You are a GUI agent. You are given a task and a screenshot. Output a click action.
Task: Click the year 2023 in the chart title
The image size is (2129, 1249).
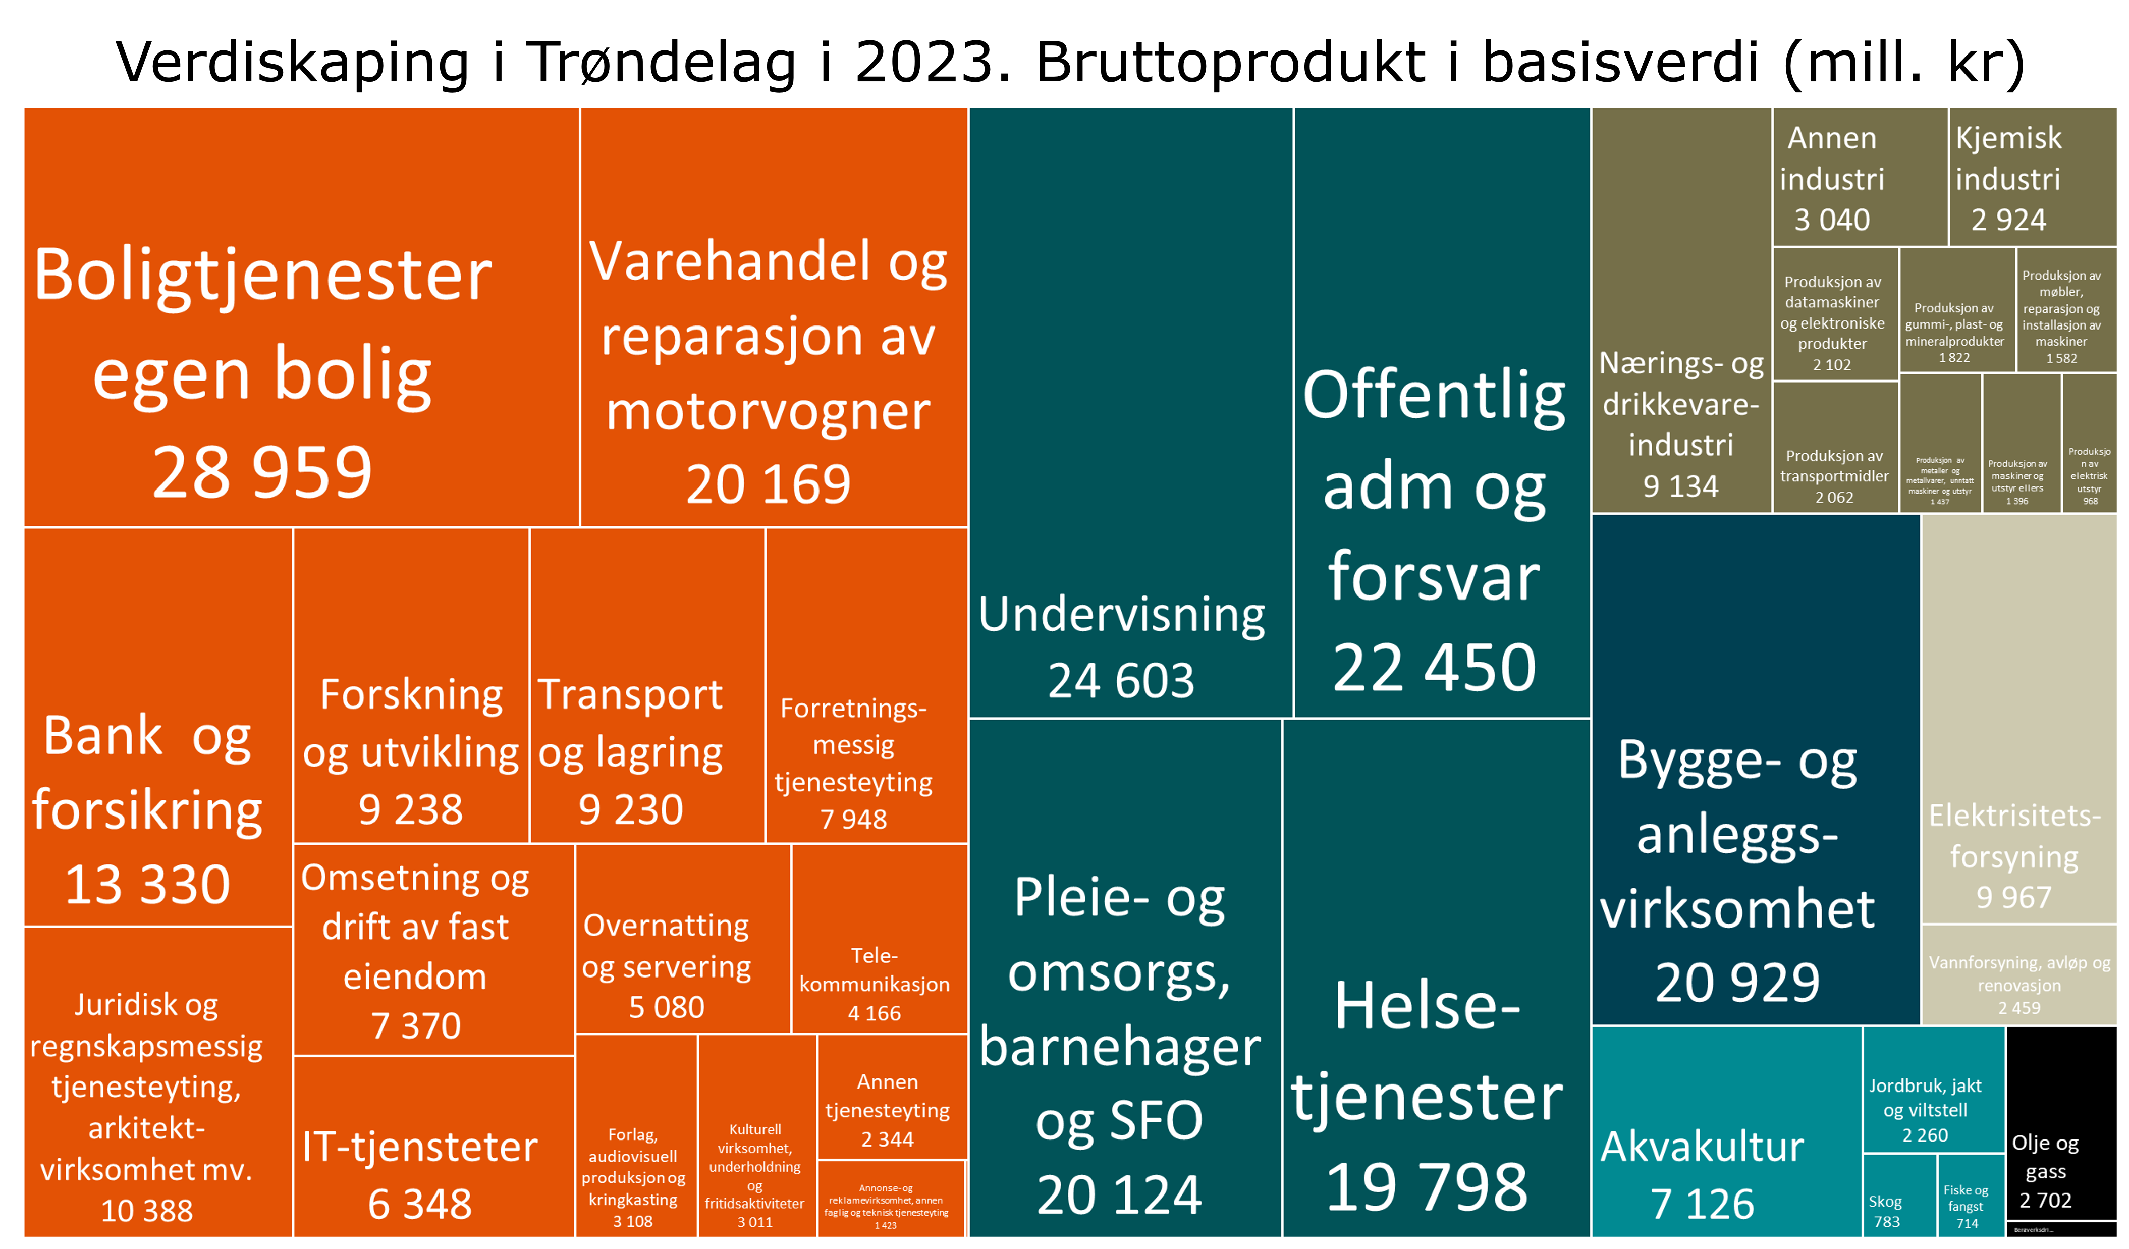[922, 63]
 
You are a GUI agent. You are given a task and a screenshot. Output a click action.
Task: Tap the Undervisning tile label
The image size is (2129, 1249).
[1121, 615]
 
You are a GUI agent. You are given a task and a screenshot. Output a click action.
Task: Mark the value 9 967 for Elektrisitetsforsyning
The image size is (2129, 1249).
[2013, 897]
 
